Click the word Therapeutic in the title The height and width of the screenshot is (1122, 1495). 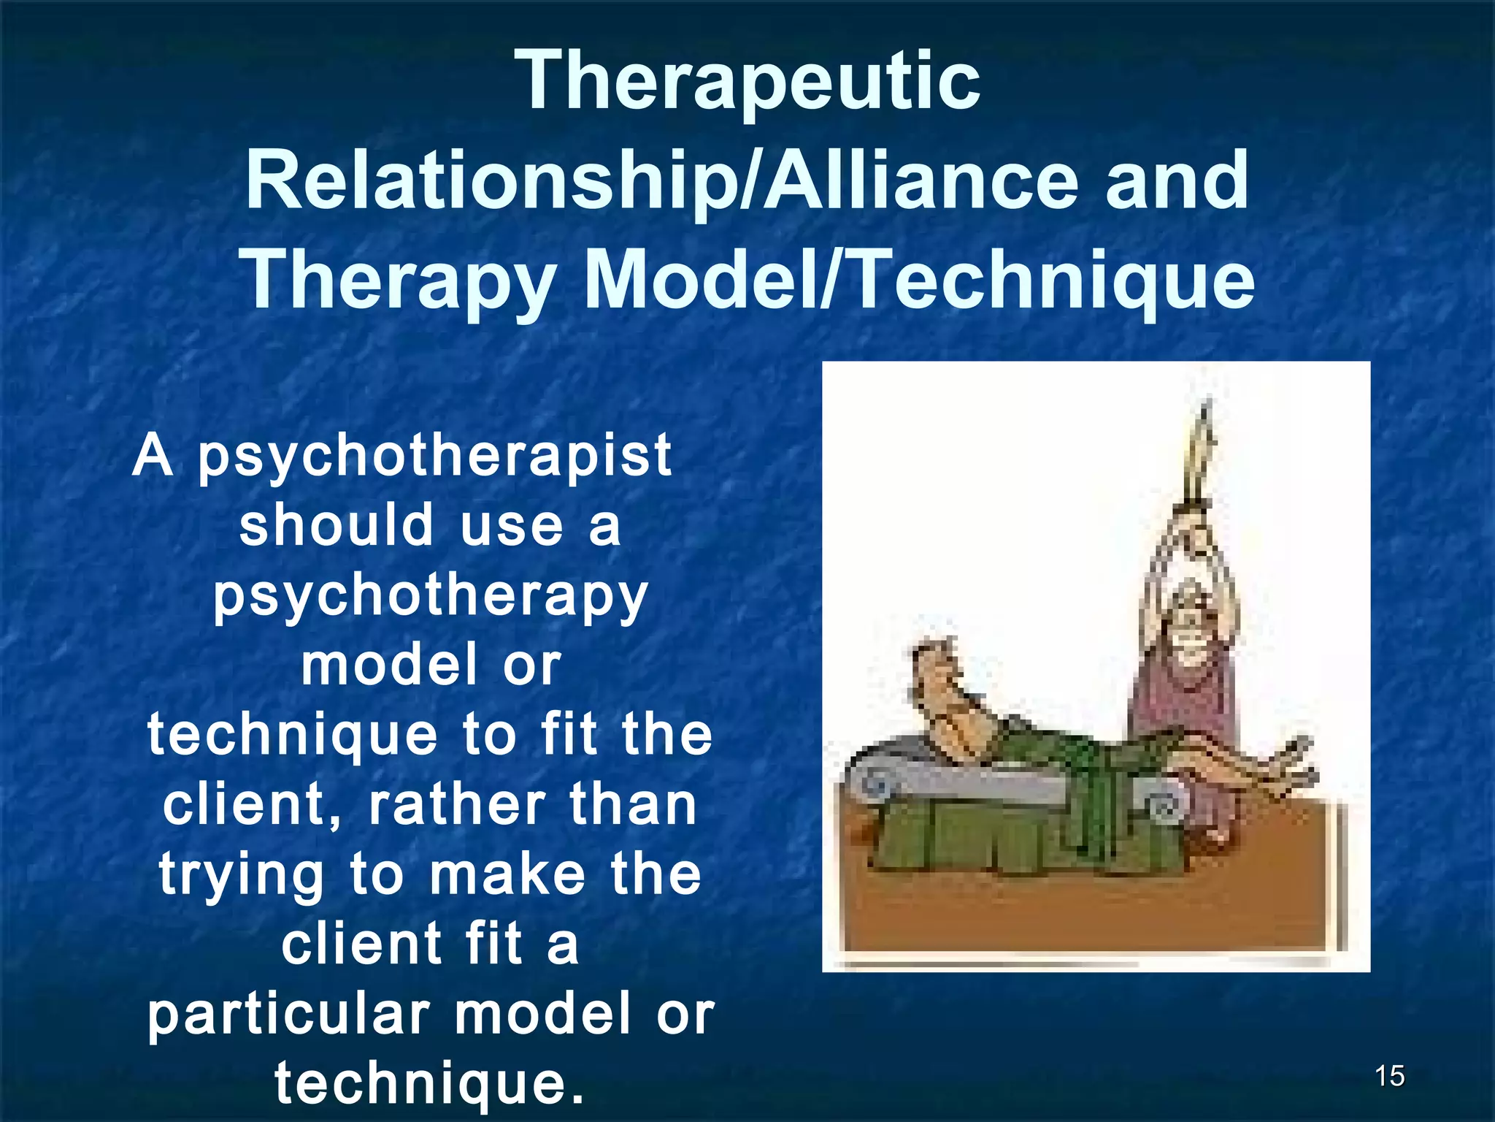[x=747, y=82]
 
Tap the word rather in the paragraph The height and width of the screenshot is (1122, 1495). [x=456, y=805]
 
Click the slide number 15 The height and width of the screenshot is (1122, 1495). [x=1389, y=1076]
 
